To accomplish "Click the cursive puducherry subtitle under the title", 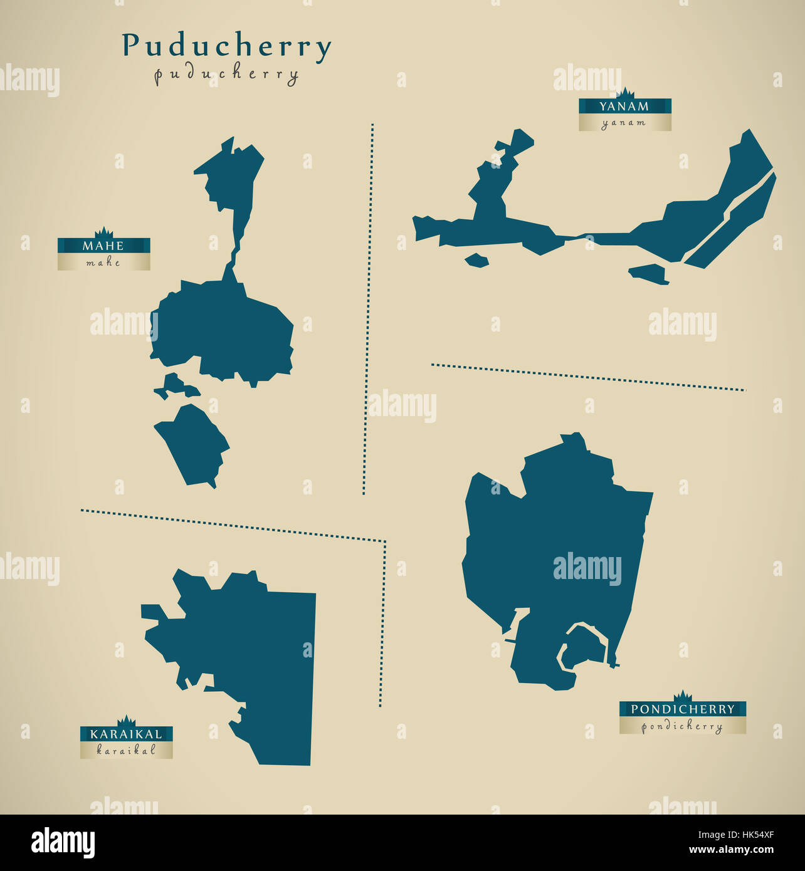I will [226, 75].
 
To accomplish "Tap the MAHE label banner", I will [103, 246].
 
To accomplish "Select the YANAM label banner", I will [624, 107].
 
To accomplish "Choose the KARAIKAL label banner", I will [126, 734].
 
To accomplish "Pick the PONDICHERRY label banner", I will [682, 709].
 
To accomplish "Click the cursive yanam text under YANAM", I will [624, 123].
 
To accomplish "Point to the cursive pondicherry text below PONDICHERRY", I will [682, 726].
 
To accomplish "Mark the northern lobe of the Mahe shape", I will [229, 175].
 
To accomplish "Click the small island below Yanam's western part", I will [477, 260].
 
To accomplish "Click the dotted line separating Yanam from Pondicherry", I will [589, 377].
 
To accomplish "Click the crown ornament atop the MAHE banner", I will [103, 232].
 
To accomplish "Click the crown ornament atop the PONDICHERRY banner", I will [682, 696].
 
